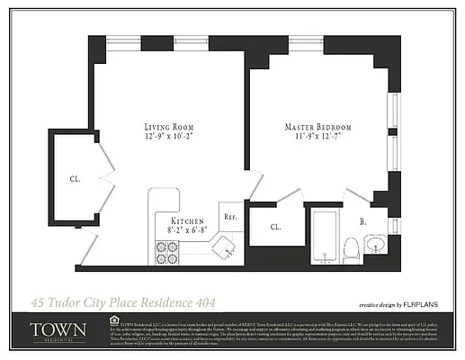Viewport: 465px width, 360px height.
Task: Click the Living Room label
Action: click(x=169, y=127)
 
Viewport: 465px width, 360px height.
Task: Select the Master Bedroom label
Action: click(x=318, y=127)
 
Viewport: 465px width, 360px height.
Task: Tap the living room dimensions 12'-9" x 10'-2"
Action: click(x=169, y=138)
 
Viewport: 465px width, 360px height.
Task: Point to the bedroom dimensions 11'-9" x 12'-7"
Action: click(x=318, y=138)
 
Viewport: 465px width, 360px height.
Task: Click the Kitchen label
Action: click(x=186, y=220)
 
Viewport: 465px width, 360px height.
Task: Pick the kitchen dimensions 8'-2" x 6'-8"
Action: click(x=186, y=230)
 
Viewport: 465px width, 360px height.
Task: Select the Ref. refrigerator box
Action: click(x=230, y=217)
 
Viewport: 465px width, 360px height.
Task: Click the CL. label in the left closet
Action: click(x=75, y=178)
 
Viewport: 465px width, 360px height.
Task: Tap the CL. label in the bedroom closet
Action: click(x=275, y=227)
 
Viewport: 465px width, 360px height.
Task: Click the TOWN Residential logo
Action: click(x=58, y=331)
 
